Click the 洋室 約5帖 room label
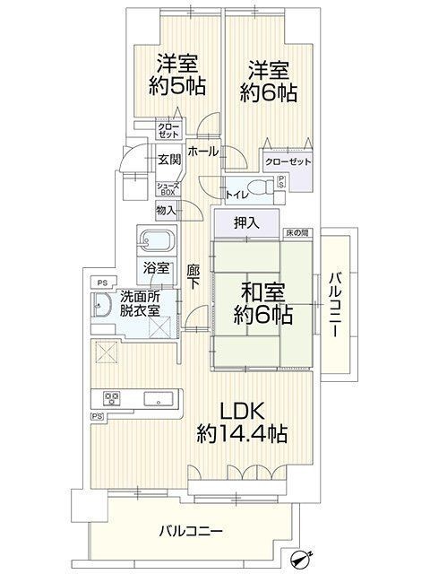176,74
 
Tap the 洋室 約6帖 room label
268,82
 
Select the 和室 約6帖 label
262,303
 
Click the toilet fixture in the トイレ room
262,187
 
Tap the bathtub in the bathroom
157,241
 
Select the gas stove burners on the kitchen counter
111,398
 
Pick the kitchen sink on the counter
158,398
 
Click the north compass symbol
301,558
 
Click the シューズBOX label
168,189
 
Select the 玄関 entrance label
169,160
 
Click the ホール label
203,152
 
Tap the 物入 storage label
167,211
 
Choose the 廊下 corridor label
193,277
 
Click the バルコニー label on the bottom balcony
191,530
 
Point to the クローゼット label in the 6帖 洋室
288,161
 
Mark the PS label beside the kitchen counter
97,416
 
